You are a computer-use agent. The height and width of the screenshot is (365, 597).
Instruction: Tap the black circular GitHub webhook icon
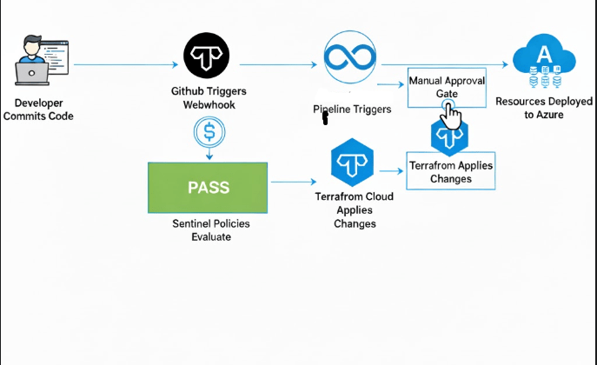[x=208, y=57]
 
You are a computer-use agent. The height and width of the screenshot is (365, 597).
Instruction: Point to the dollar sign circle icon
[x=209, y=132]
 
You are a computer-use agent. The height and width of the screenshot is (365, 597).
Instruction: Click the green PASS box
[x=208, y=188]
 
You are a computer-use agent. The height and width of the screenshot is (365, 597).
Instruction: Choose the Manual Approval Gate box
[x=447, y=87]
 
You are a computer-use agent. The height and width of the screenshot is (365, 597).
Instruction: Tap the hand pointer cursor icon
[x=450, y=113]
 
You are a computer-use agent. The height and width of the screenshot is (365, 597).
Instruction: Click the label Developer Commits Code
[x=38, y=109]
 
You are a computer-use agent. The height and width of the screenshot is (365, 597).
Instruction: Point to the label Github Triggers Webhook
[x=209, y=98]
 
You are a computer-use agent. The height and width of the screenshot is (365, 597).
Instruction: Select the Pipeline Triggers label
[x=352, y=109]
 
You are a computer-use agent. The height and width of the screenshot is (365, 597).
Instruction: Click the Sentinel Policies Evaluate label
[x=209, y=230]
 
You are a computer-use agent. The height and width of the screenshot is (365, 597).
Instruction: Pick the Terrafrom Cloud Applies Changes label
[x=354, y=210]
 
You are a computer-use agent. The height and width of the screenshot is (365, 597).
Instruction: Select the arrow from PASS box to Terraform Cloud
[x=295, y=182]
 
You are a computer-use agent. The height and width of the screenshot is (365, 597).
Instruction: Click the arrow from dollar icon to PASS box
[x=209, y=154]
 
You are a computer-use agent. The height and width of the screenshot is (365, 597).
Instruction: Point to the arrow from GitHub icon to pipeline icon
[x=276, y=63]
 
